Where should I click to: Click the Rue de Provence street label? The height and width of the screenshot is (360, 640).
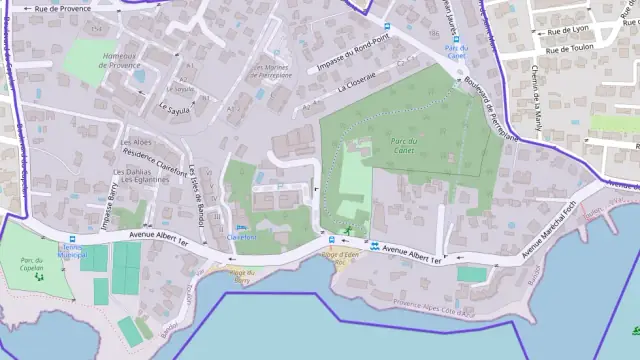tap(62, 8)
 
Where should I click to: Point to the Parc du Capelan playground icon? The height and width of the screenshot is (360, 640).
tap(38, 276)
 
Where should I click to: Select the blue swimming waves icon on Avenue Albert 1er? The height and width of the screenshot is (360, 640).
tap(375, 246)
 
